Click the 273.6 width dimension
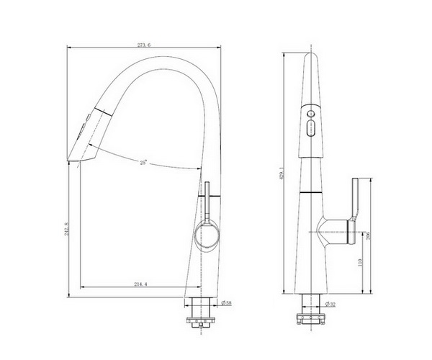point(145,45)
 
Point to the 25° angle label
point(145,163)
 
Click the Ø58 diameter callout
point(225,303)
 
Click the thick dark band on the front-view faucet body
point(312,194)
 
